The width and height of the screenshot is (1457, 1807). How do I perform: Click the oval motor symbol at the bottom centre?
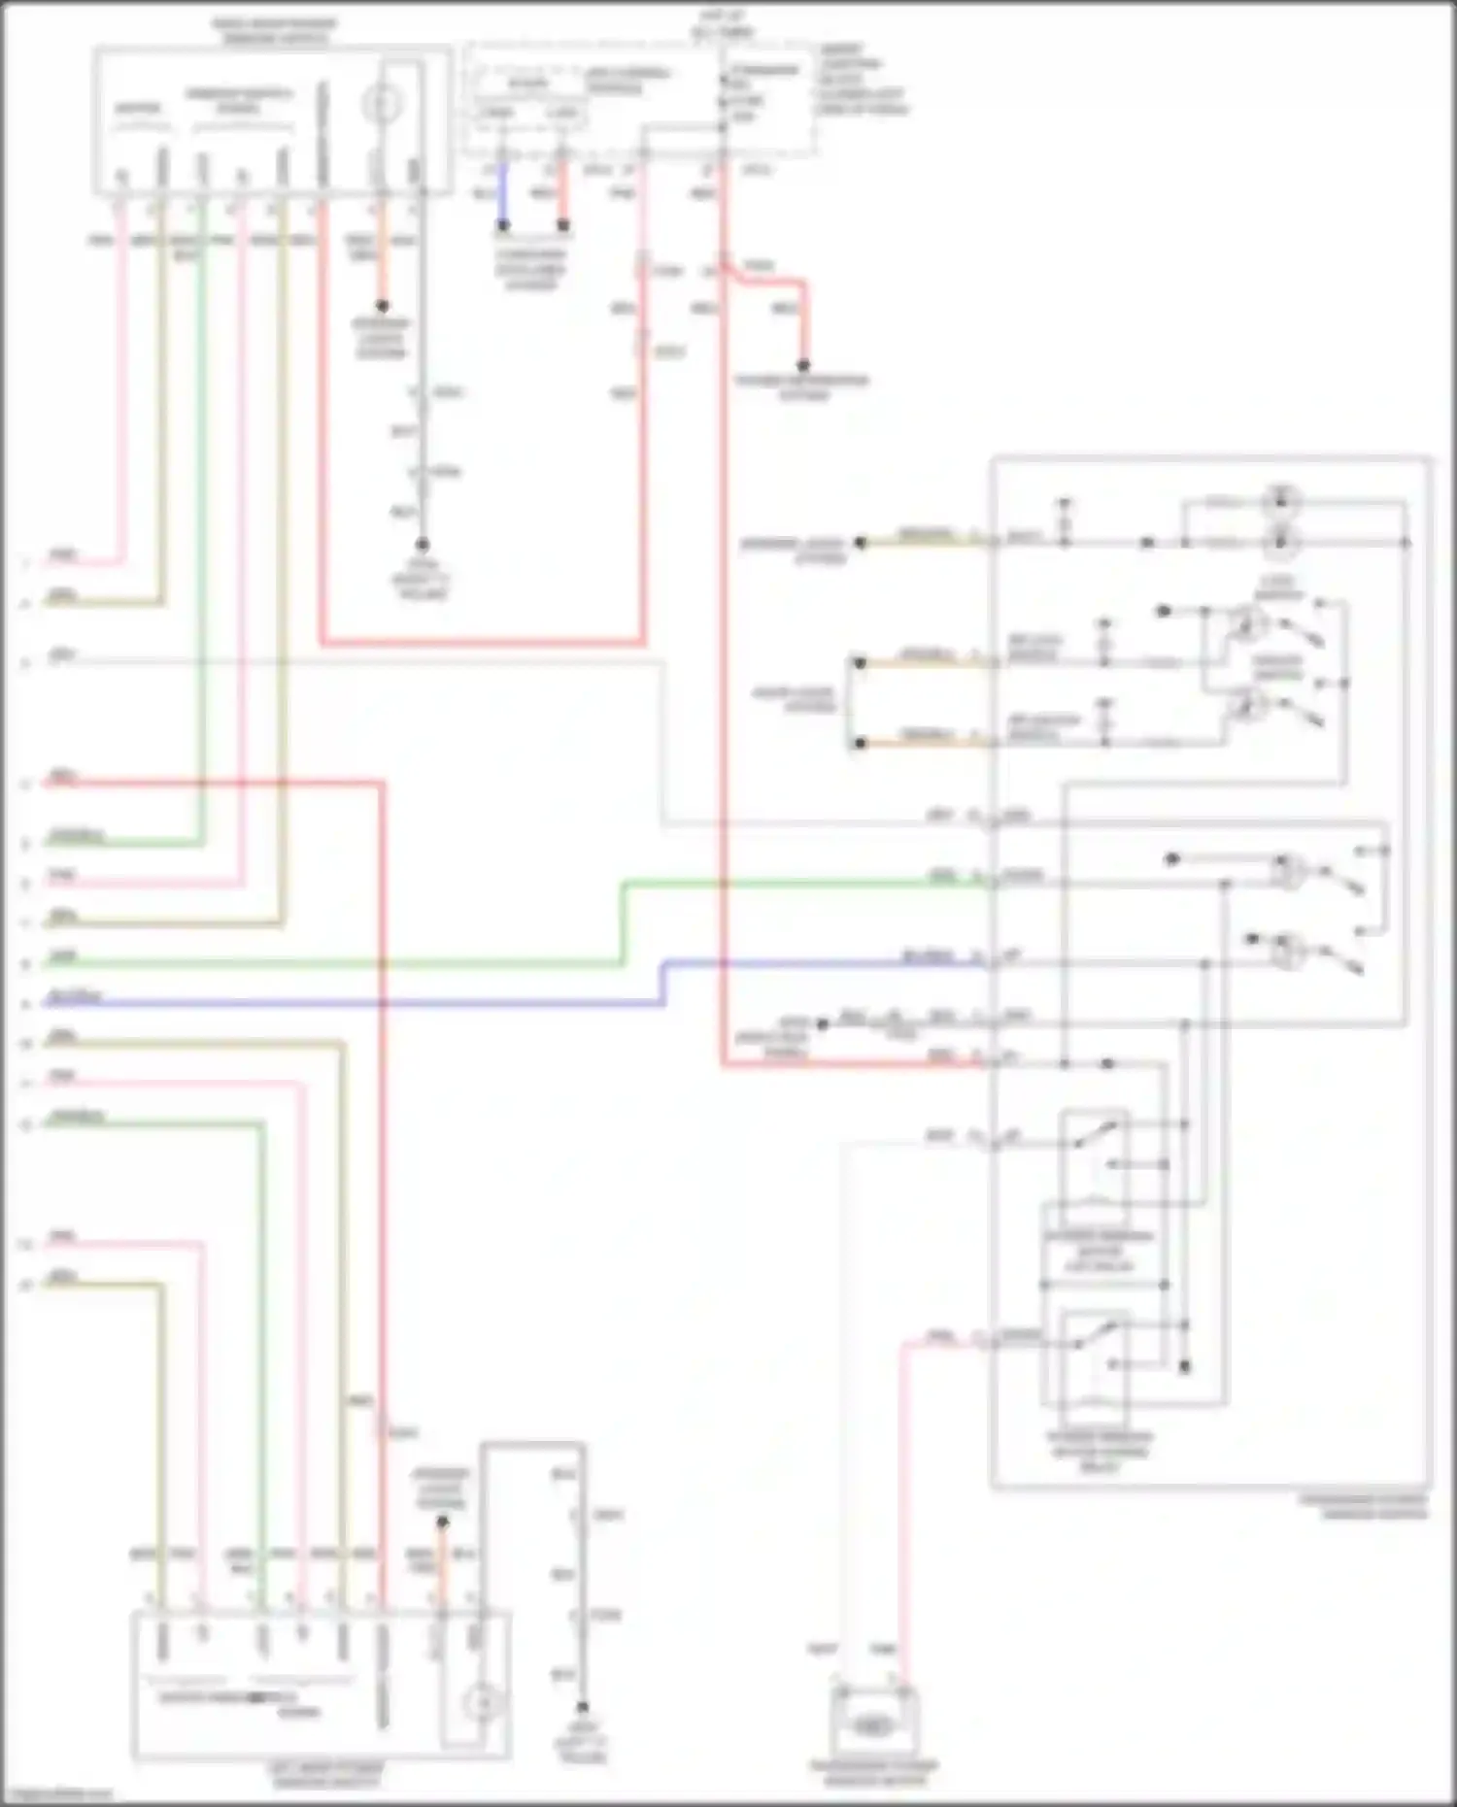point(872,1725)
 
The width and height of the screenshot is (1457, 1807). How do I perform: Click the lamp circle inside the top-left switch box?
point(382,103)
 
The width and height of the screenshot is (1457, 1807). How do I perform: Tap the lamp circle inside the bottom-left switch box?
point(481,1701)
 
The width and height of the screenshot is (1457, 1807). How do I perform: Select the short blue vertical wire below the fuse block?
point(503,198)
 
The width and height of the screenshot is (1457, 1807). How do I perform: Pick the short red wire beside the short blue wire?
point(562,198)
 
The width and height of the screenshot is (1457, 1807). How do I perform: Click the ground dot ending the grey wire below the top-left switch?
point(423,545)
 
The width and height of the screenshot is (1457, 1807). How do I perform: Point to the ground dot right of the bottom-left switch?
point(582,1706)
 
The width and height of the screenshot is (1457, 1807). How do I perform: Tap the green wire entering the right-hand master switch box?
point(806,883)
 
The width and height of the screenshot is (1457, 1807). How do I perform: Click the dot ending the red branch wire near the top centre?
point(803,366)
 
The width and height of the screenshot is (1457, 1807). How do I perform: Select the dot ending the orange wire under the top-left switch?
point(382,306)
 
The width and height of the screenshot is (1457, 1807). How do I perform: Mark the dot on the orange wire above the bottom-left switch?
point(442,1522)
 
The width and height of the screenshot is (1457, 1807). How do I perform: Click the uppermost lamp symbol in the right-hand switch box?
point(1281,502)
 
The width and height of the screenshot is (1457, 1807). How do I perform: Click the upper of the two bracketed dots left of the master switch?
point(859,663)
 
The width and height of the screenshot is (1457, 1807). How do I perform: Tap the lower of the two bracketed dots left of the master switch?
point(859,744)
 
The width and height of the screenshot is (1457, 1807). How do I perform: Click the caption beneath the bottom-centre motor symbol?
point(873,1772)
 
